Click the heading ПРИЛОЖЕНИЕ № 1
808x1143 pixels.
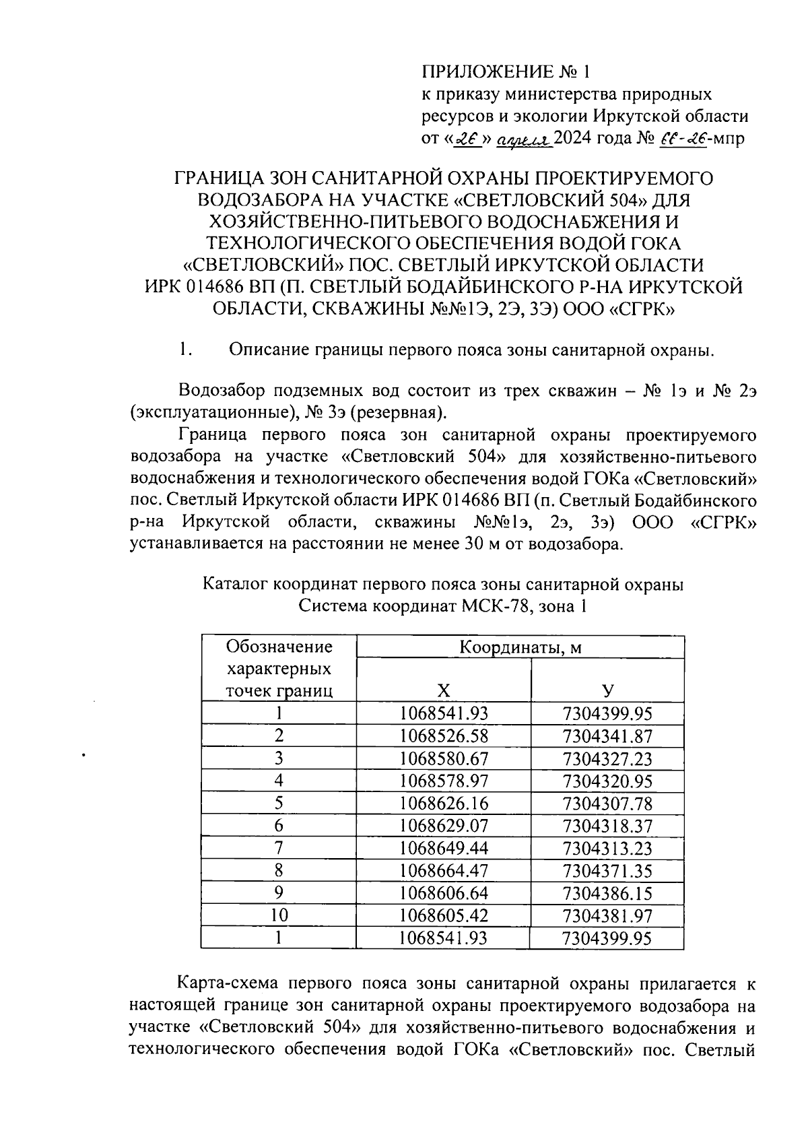point(508,71)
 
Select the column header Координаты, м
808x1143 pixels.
point(520,647)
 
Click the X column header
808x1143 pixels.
point(442,690)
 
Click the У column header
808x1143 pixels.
point(607,690)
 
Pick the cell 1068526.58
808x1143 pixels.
point(443,736)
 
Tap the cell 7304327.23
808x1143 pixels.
point(607,759)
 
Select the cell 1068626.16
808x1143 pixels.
point(443,804)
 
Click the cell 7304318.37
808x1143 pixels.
point(607,826)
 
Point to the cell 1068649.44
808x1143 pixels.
point(443,848)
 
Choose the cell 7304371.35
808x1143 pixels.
point(607,871)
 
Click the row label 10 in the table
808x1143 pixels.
point(279,915)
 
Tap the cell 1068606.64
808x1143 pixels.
point(443,893)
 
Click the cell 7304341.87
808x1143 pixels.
point(607,736)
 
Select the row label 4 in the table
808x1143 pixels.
point(279,781)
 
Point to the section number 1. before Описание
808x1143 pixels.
point(186,350)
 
